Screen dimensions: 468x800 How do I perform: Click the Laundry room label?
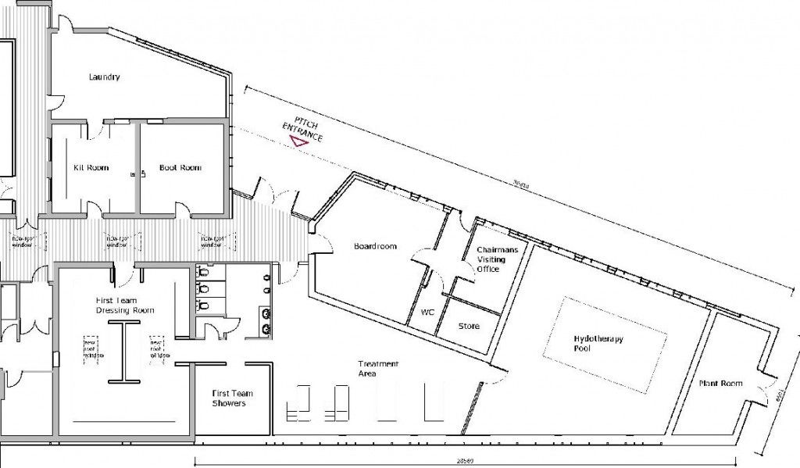tap(104, 77)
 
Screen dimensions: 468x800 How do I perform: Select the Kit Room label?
tap(91, 168)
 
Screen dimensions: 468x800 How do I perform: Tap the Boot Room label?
tap(180, 168)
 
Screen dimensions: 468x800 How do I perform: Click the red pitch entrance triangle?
tap(297, 141)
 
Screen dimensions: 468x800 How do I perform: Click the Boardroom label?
tap(375, 246)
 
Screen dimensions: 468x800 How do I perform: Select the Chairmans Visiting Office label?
tap(492, 259)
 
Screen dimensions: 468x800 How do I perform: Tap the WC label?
tap(427, 312)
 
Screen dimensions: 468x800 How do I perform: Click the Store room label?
tap(469, 326)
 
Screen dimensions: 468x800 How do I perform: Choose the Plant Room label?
tap(720, 384)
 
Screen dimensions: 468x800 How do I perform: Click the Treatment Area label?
tap(378, 369)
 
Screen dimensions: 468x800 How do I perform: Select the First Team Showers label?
tap(230, 398)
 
